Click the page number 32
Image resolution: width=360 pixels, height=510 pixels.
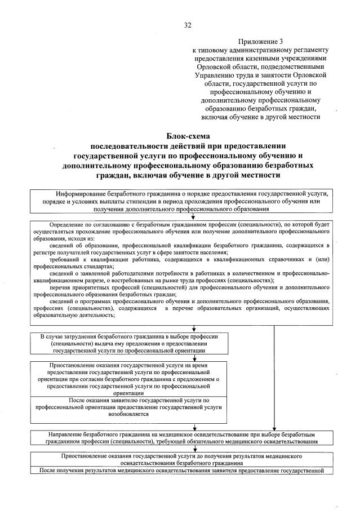[x=188, y=24]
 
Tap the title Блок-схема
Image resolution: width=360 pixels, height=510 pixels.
[x=188, y=135]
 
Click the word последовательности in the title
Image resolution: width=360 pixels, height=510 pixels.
[x=130, y=145]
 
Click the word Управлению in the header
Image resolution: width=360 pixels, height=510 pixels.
[x=214, y=75]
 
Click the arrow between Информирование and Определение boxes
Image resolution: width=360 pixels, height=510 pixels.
[x=193, y=216]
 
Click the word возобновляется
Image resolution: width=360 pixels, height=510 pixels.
[x=127, y=413]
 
